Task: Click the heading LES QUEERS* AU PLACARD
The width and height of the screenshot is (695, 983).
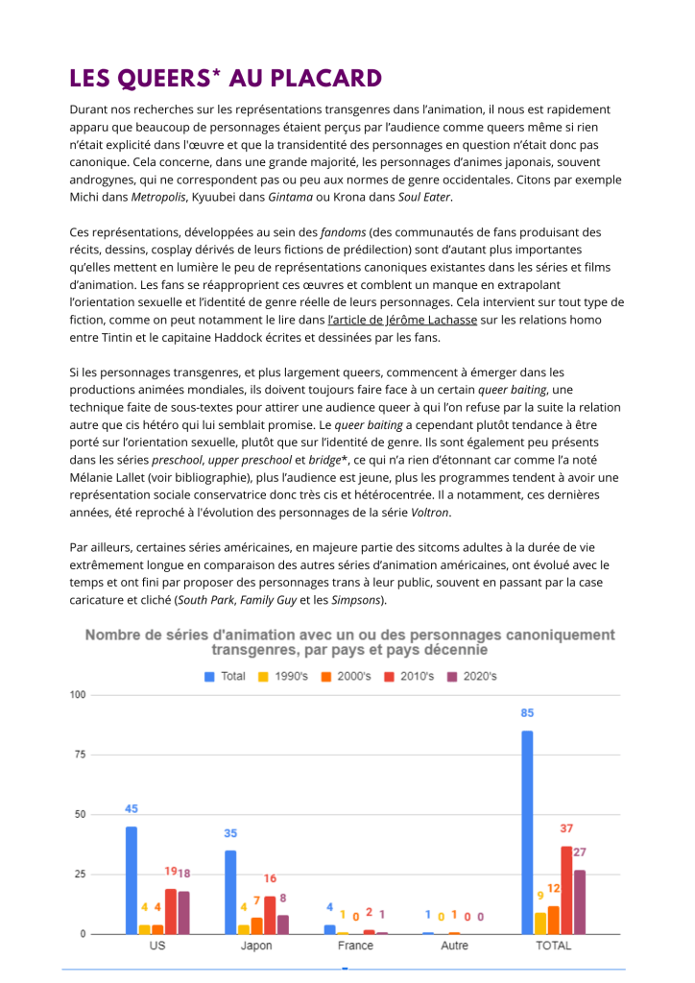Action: tap(226, 78)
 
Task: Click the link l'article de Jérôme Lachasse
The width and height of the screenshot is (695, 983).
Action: tap(402, 319)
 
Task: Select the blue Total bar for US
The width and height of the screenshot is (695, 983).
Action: tap(131, 879)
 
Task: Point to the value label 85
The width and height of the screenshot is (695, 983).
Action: tap(527, 713)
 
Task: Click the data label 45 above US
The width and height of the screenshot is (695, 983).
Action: tap(132, 808)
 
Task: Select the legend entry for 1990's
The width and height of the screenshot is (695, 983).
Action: tap(284, 676)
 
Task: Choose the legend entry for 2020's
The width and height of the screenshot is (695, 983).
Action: tap(470, 676)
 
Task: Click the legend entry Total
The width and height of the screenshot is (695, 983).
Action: tap(225, 676)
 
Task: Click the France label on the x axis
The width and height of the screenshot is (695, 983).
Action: tap(355, 946)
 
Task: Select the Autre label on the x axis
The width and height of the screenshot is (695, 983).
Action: tap(454, 946)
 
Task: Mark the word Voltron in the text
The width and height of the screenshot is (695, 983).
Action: tap(430, 512)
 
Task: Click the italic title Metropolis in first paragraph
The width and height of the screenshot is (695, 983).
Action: tap(156, 197)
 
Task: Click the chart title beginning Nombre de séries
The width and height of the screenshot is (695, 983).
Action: tap(350, 642)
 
